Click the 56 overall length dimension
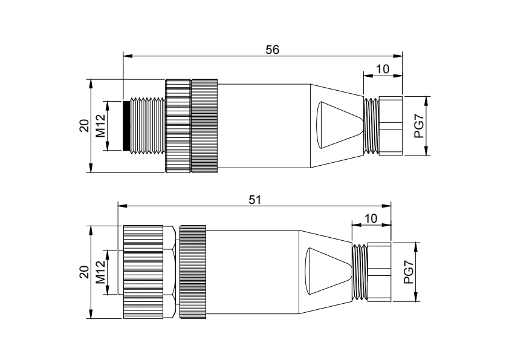point(272,50)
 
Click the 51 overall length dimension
point(255,200)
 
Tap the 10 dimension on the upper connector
point(383,69)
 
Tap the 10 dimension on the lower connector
point(371,218)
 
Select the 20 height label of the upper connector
point(85,126)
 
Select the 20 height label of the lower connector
point(85,272)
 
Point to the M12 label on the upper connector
point(100,126)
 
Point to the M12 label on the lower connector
point(100,272)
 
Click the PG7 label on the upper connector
point(419,126)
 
